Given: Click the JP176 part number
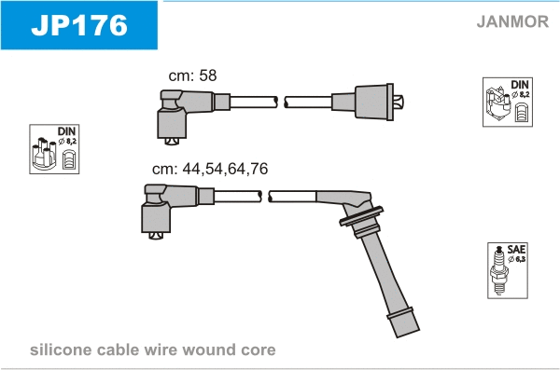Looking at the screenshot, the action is (x=79, y=25).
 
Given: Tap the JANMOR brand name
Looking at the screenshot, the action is (x=512, y=21).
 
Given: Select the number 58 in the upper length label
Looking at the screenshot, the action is (x=208, y=75).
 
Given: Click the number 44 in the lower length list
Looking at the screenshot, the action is (x=191, y=169).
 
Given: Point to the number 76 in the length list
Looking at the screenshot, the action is (x=259, y=169).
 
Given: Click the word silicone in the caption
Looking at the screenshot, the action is (x=61, y=349).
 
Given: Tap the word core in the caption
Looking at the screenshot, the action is (x=259, y=350).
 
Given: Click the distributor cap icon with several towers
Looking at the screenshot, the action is (x=44, y=153).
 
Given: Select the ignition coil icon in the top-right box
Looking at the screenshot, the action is (x=497, y=104).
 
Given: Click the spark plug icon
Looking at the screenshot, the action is (x=499, y=270).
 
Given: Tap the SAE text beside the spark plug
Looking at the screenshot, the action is (x=516, y=249).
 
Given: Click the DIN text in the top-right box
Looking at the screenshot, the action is (x=520, y=85).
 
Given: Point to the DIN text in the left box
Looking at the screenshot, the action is (x=66, y=131).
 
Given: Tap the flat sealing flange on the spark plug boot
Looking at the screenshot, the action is (x=361, y=216).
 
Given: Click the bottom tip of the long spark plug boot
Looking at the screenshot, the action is (x=408, y=335).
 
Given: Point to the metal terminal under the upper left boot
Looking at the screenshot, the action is (x=172, y=142).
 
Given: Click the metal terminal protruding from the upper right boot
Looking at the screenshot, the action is (x=399, y=102).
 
